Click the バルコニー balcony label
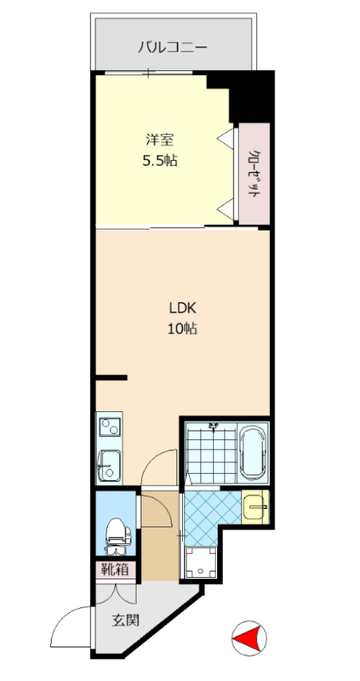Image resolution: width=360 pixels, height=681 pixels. (173, 47)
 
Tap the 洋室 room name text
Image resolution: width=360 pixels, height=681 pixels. (160, 140)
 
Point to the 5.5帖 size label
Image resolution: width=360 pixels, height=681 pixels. (160, 161)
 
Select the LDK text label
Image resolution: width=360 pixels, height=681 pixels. (183, 308)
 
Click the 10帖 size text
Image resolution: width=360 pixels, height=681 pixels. (183, 329)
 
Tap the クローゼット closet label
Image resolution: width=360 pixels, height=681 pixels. (255, 175)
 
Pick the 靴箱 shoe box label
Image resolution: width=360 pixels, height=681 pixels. (115, 569)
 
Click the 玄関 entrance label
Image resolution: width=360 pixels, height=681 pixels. (126, 621)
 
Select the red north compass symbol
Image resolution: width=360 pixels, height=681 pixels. (249, 638)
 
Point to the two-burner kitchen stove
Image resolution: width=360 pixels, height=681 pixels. (109, 427)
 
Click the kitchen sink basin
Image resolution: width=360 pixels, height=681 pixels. (109, 465)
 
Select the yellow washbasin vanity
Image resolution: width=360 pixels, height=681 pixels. (256, 506)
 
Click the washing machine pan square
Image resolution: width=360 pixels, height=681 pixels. (201, 563)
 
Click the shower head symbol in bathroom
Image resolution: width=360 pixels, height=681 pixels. (213, 426)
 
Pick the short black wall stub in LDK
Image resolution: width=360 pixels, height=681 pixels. (111, 377)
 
